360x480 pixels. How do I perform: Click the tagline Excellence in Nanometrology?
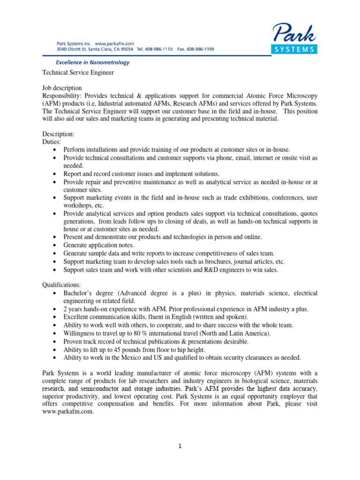tap(93, 62)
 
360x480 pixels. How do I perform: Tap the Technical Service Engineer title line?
tap(78, 73)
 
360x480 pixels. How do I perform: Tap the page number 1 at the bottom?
tap(180, 446)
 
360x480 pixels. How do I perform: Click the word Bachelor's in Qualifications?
tap(80, 293)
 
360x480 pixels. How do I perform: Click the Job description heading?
tap(62, 88)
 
